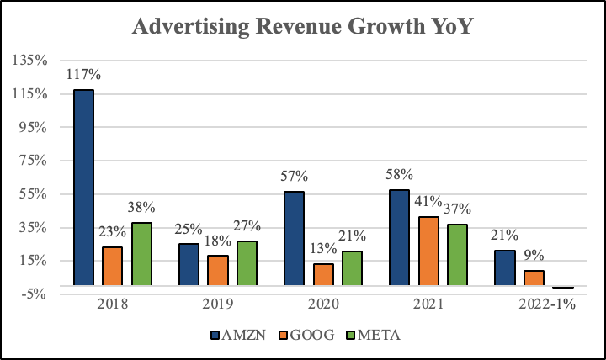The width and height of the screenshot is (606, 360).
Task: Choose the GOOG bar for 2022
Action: click(534, 278)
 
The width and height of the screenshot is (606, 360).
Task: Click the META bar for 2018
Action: click(141, 253)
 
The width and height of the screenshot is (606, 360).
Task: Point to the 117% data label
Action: click(83, 75)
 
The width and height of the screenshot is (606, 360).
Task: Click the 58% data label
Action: click(400, 175)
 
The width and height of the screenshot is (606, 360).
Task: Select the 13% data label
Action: click(323, 248)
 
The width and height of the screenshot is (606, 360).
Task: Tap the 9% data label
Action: click(534, 255)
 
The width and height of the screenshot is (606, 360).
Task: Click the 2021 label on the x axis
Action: click(428, 304)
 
